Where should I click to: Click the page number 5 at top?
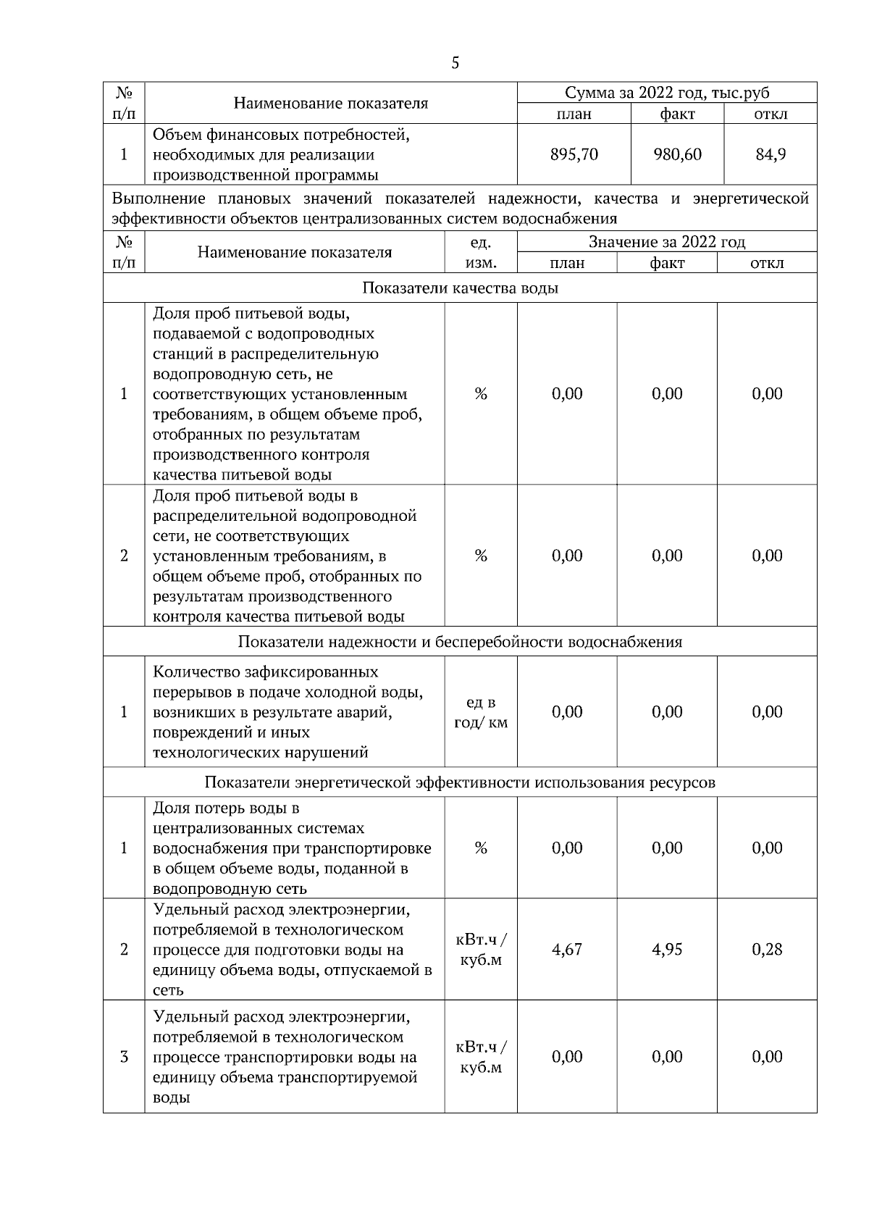pyautogui.click(x=455, y=63)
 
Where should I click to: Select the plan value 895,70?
pyautogui.click(x=574, y=154)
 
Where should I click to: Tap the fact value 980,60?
pyautogui.click(x=677, y=154)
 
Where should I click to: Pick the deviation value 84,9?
pyautogui.click(x=771, y=154)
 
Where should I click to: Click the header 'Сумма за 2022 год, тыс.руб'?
pyautogui.click(x=667, y=93)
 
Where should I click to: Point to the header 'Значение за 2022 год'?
pyautogui.click(x=667, y=242)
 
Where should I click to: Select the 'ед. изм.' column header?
pyautogui.click(x=481, y=252)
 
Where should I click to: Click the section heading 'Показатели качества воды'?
pyautogui.click(x=460, y=288)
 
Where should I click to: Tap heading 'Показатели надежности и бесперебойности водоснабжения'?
pyautogui.click(x=460, y=642)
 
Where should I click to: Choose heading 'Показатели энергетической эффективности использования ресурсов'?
pyautogui.click(x=460, y=782)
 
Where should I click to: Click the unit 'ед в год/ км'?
pyautogui.click(x=481, y=712)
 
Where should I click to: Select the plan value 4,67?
pyautogui.click(x=567, y=949)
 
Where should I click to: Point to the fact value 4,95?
pyautogui.click(x=667, y=949)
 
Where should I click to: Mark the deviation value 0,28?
pyautogui.click(x=767, y=949)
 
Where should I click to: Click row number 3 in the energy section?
pyautogui.click(x=124, y=1056)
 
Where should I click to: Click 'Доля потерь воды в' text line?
pyautogui.click(x=226, y=808)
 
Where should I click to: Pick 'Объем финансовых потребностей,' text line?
pyautogui.click(x=282, y=135)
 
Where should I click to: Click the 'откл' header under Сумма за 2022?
pyautogui.click(x=771, y=114)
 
